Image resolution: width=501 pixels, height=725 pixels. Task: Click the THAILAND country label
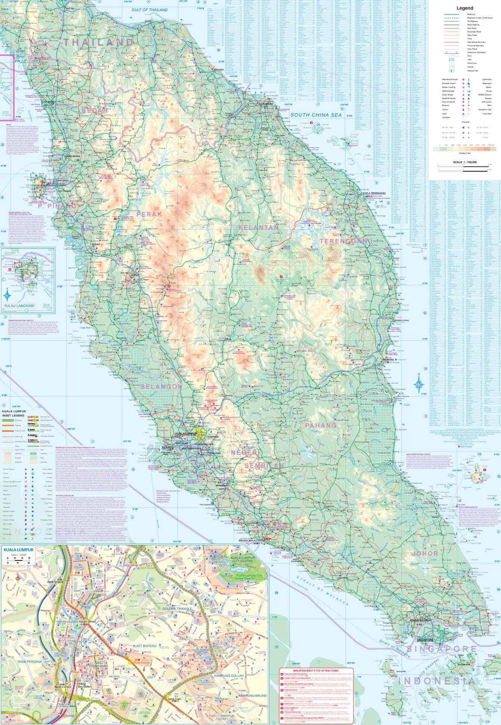pos(98,42)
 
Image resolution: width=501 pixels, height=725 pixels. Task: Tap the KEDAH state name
pos(94,111)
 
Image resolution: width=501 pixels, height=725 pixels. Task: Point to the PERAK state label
pos(150,214)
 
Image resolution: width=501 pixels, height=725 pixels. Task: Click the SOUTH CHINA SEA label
pos(316,115)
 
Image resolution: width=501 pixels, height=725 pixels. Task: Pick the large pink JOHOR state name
pos(424,553)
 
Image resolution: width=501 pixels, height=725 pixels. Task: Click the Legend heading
pos(464,8)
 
